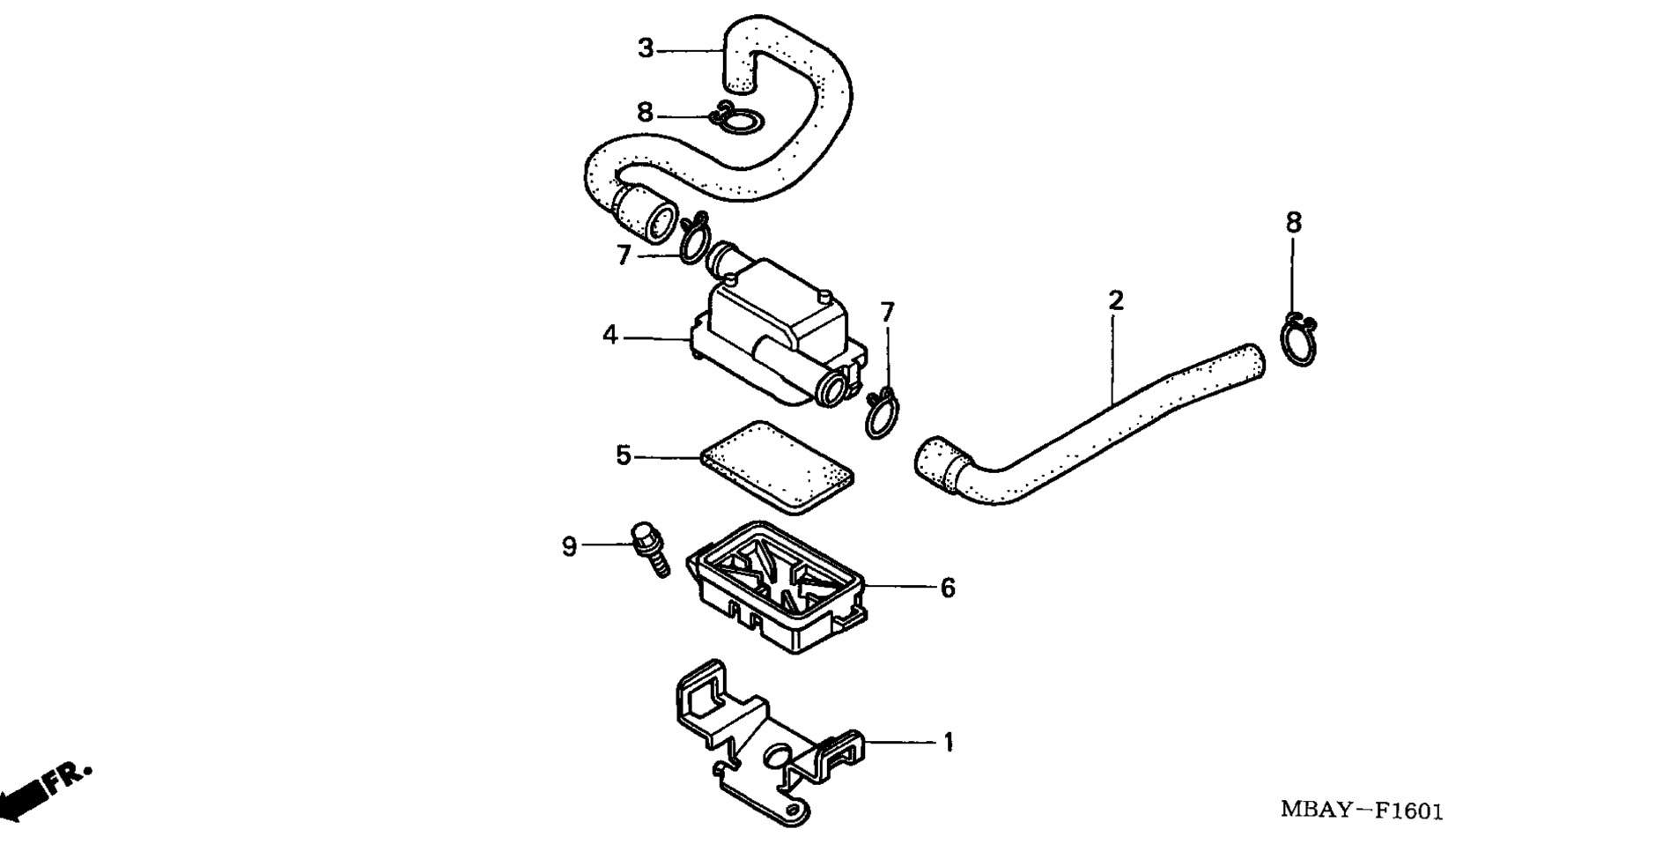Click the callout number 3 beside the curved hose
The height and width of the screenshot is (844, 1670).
coord(646,49)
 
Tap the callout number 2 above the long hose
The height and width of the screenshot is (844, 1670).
coord(1116,301)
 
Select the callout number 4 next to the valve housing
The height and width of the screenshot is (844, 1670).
coord(610,336)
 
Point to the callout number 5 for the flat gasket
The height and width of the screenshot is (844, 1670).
coord(624,456)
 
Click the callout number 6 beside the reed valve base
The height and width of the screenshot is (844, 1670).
coord(948,588)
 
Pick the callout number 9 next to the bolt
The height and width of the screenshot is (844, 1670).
coord(570,547)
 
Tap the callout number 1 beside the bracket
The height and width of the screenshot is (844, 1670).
coord(949,743)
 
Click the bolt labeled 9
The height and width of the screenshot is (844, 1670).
coord(650,549)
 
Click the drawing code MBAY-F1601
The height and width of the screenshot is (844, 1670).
coord(1361,811)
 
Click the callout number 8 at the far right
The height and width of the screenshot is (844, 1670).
coord(1293,224)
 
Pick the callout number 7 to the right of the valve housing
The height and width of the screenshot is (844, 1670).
coord(888,313)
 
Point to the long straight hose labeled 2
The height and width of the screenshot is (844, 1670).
coord(1090,423)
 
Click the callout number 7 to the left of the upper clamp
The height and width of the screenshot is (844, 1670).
coord(624,255)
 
